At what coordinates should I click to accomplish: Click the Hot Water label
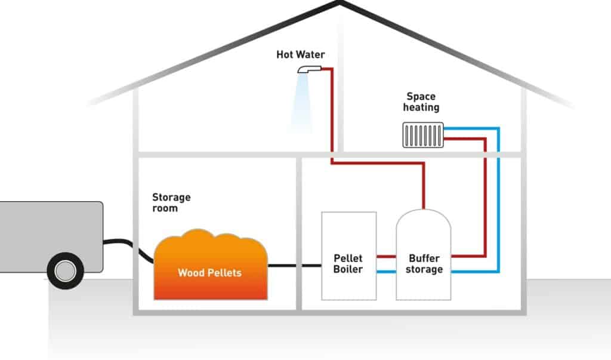(301, 54)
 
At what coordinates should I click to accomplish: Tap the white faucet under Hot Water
(310, 69)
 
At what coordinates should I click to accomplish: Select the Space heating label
(421, 102)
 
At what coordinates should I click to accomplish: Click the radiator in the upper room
(423, 135)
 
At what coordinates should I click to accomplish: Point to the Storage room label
(171, 202)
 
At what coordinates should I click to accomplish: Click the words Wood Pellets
(209, 273)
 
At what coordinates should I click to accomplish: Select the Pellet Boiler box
(348, 256)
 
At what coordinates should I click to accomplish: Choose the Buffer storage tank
(424, 255)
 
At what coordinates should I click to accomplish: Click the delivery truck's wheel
(66, 270)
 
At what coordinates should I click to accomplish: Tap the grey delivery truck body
(51, 236)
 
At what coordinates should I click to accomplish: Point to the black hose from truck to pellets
(129, 248)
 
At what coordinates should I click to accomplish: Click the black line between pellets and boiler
(295, 266)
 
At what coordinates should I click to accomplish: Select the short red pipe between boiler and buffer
(386, 257)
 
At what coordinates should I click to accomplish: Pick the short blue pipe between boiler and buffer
(386, 272)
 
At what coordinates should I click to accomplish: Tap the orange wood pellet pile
(211, 265)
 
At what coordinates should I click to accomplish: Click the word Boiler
(348, 269)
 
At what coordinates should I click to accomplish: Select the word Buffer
(424, 259)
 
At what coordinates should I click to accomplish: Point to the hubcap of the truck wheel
(66, 270)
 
